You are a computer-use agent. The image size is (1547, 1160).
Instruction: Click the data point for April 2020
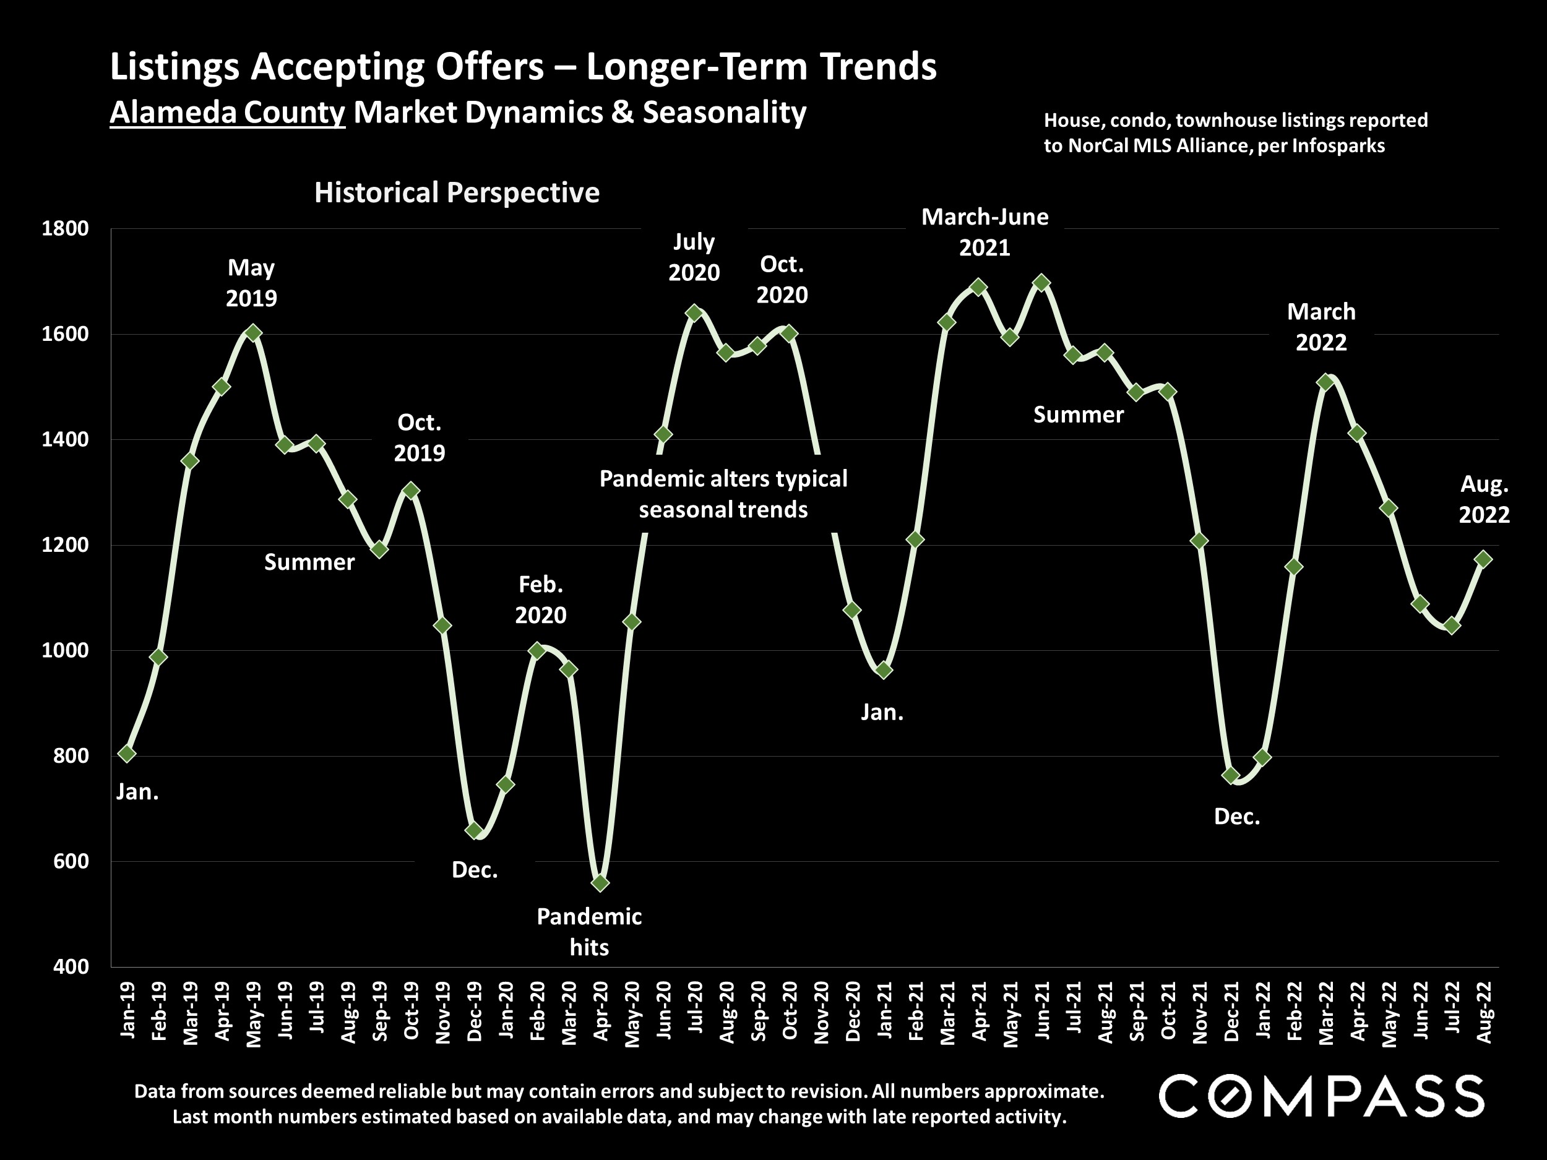[600, 883]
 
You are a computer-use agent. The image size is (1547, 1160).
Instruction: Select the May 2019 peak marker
[253, 332]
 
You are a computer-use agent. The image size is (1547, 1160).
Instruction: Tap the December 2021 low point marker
[1231, 775]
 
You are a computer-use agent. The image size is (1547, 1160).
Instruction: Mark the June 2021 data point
[1041, 283]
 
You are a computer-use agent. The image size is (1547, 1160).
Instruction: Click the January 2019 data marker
[127, 753]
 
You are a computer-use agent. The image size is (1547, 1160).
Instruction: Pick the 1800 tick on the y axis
[65, 229]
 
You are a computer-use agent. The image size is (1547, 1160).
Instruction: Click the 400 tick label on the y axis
[71, 967]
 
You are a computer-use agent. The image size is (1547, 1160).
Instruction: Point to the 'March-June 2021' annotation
[985, 232]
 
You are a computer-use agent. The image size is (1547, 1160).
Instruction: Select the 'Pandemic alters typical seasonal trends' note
[723, 494]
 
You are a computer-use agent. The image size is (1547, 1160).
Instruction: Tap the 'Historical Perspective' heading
[457, 192]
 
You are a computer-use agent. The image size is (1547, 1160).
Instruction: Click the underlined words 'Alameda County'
[227, 113]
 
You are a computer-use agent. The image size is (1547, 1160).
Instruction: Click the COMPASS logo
[1321, 1097]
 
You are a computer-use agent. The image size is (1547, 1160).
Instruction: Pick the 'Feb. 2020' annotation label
[541, 599]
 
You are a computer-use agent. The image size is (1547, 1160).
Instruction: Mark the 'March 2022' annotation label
[1321, 327]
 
